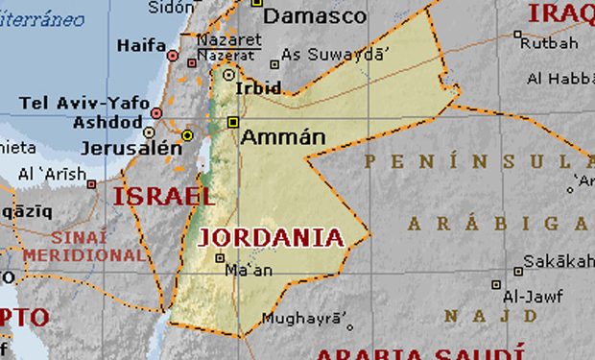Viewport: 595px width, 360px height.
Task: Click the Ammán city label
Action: click(x=283, y=137)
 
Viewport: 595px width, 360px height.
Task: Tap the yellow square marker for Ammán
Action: click(x=233, y=122)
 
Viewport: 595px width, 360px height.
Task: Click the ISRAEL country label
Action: click(x=163, y=197)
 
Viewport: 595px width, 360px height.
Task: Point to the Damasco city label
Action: click(x=314, y=16)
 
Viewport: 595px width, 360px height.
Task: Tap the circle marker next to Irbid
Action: click(x=228, y=74)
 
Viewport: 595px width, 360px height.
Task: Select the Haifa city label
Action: click(x=140, y=45)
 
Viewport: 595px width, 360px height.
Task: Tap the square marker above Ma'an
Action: click(x=220, y=257)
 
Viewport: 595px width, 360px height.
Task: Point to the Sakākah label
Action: click(x=560, y=261)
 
